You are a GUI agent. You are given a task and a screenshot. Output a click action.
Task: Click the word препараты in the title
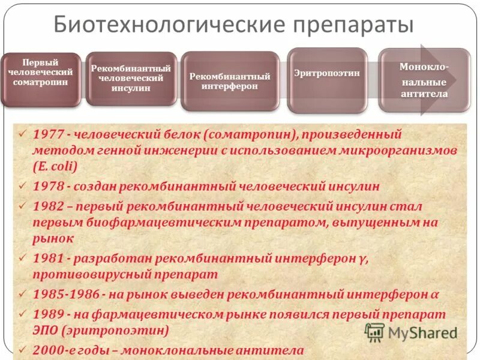pos(353,25)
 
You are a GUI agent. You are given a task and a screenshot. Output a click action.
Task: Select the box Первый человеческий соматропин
pos(40,80)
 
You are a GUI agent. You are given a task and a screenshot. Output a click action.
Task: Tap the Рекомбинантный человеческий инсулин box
pos(131,79)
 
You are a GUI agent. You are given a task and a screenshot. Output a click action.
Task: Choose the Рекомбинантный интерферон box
pos(230,81)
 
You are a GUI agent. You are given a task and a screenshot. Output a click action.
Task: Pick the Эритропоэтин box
pos(327,80)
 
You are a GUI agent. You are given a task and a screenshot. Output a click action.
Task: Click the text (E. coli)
pos(56,167)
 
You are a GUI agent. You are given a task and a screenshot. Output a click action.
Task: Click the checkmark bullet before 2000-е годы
pos(23,349)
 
